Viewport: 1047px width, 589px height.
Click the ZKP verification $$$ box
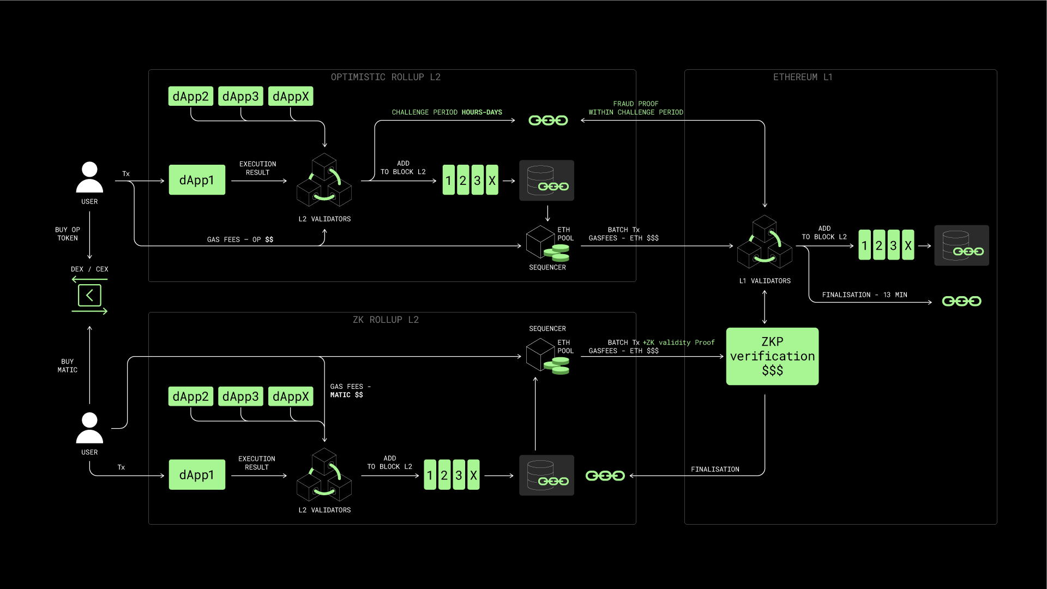tap(772, 356)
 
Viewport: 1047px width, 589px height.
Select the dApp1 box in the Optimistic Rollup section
tap(197, 180)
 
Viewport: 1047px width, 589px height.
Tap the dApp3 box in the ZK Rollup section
tap(240, 396)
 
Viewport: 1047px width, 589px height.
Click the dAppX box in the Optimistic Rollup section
tap(291, 97)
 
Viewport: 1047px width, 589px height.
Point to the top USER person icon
tap(89, 177)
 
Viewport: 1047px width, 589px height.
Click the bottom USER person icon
tap(89, 428)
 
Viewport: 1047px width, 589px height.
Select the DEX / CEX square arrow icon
tap(89, 296)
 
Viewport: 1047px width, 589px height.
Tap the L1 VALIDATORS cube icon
tap(765, 242)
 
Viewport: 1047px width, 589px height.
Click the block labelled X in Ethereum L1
tap(908, 245)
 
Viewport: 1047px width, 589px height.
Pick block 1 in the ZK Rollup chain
tap(430, 475)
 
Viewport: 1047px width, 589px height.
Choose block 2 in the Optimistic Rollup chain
tap(463, 180)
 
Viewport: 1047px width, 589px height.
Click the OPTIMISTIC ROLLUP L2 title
tap(386, 77)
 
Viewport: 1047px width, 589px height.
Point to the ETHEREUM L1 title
tap(803, 77)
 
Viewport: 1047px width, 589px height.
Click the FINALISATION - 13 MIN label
tap(864, 295)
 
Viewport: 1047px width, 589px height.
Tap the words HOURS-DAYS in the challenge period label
tap(482, 112)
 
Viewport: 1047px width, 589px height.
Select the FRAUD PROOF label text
tap(636, 104)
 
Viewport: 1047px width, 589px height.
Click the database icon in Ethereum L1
tap(961, 245)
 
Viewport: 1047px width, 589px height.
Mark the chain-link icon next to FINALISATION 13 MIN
tap(961, 301)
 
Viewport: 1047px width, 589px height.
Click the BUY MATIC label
tap(68, 366)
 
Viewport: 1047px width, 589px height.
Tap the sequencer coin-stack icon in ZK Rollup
tap(560, 366)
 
